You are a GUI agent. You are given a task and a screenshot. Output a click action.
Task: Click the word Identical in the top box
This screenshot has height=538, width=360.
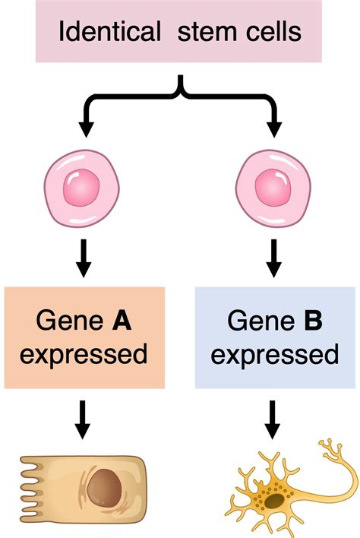point(109,31)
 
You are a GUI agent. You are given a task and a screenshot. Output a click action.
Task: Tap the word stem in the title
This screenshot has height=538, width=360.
point(207,32)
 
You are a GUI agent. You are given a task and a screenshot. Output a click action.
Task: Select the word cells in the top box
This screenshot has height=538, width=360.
point(273,31)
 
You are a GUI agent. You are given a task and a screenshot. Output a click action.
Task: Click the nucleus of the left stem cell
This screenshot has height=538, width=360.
point(81,188)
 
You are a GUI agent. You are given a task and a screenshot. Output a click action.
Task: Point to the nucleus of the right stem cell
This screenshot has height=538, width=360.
point(273,188)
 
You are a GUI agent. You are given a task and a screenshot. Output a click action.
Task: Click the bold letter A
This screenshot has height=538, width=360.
point(122,320)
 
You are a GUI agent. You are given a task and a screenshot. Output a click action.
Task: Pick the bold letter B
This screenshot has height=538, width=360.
point(313,320)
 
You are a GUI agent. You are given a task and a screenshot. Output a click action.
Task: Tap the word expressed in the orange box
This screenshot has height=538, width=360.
point(84,354)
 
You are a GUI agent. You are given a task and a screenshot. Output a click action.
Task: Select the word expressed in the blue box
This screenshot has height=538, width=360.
point(275,354)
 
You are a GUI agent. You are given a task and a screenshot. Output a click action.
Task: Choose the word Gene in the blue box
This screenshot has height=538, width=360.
point(261,320)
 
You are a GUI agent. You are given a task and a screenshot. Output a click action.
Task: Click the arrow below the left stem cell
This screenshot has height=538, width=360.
point(84,258)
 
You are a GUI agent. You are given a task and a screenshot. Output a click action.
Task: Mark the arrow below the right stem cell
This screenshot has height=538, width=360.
point(273,258)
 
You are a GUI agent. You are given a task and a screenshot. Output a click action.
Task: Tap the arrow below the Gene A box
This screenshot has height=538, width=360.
point(82,419)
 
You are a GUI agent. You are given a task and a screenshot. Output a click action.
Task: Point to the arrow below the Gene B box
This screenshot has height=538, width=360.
point(272,419)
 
